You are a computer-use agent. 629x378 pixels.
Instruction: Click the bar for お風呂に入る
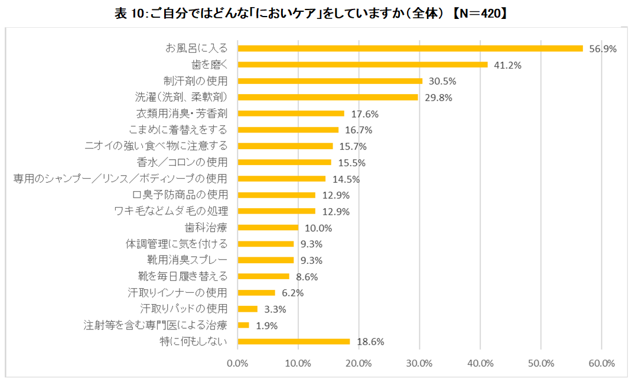(x=410, y=49)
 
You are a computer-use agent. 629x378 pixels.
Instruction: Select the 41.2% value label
(x=507, y=65)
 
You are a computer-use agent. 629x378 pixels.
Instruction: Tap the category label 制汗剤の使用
(x=195, y=81)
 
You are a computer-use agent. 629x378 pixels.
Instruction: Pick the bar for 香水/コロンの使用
(x=284, y=162)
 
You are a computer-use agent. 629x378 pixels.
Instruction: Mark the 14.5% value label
(x=346, y=179)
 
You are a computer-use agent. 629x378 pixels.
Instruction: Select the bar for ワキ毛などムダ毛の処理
(x=276, y=211)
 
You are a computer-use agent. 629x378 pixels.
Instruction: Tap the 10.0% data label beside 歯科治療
(x=318, y=228)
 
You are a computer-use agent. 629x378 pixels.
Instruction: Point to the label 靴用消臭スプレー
(x=187, y=260)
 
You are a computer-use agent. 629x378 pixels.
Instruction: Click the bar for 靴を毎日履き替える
(x=263, y=276)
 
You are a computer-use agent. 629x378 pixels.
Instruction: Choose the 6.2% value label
(x=292, y=293)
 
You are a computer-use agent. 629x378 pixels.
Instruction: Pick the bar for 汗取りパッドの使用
(x=247, y=309)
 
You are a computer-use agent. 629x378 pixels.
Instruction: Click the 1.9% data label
(x=266, y=325)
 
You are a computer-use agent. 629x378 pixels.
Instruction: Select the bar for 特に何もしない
(x=294, y=341)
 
